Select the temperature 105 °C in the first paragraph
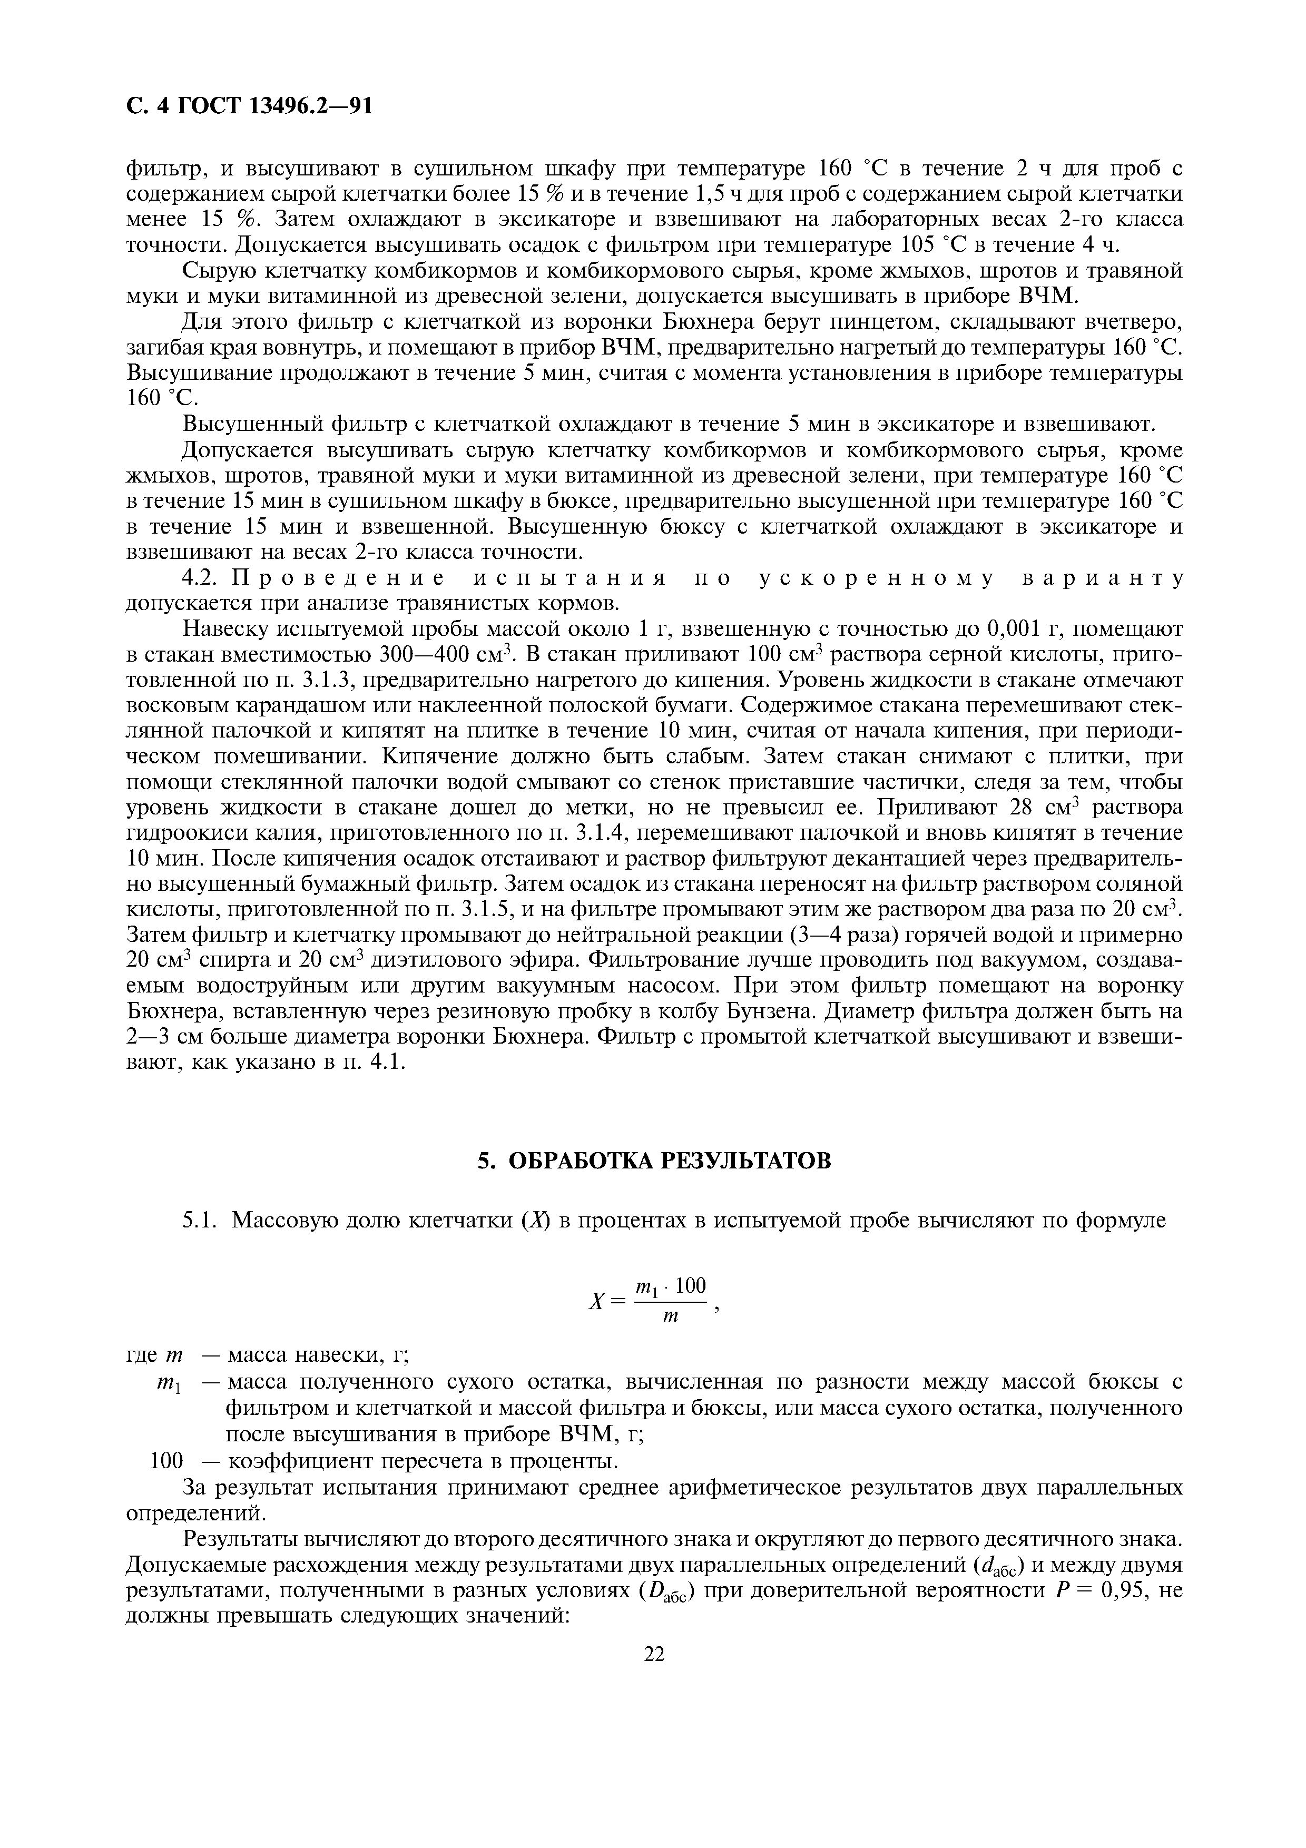(907, 244)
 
